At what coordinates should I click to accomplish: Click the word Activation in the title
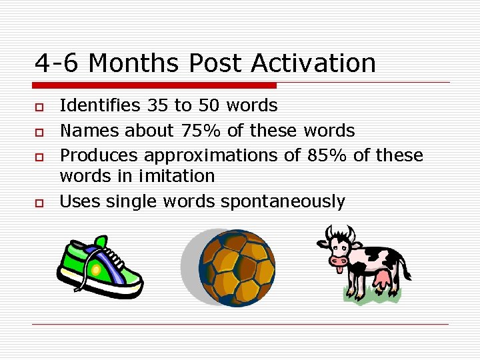click(x=313, y=64)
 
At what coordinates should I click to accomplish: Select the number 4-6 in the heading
click(x=57, y=64)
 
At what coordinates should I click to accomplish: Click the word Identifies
click(x=100, y=105)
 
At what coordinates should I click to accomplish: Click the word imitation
click(x=178, y=176)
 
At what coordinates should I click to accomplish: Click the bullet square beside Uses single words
click(x=40, y=202)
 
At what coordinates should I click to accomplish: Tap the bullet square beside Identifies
click(x=40, y=106)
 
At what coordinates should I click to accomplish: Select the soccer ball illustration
click(x=237, y=267)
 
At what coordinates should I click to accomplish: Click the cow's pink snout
click(x=339, y=261)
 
